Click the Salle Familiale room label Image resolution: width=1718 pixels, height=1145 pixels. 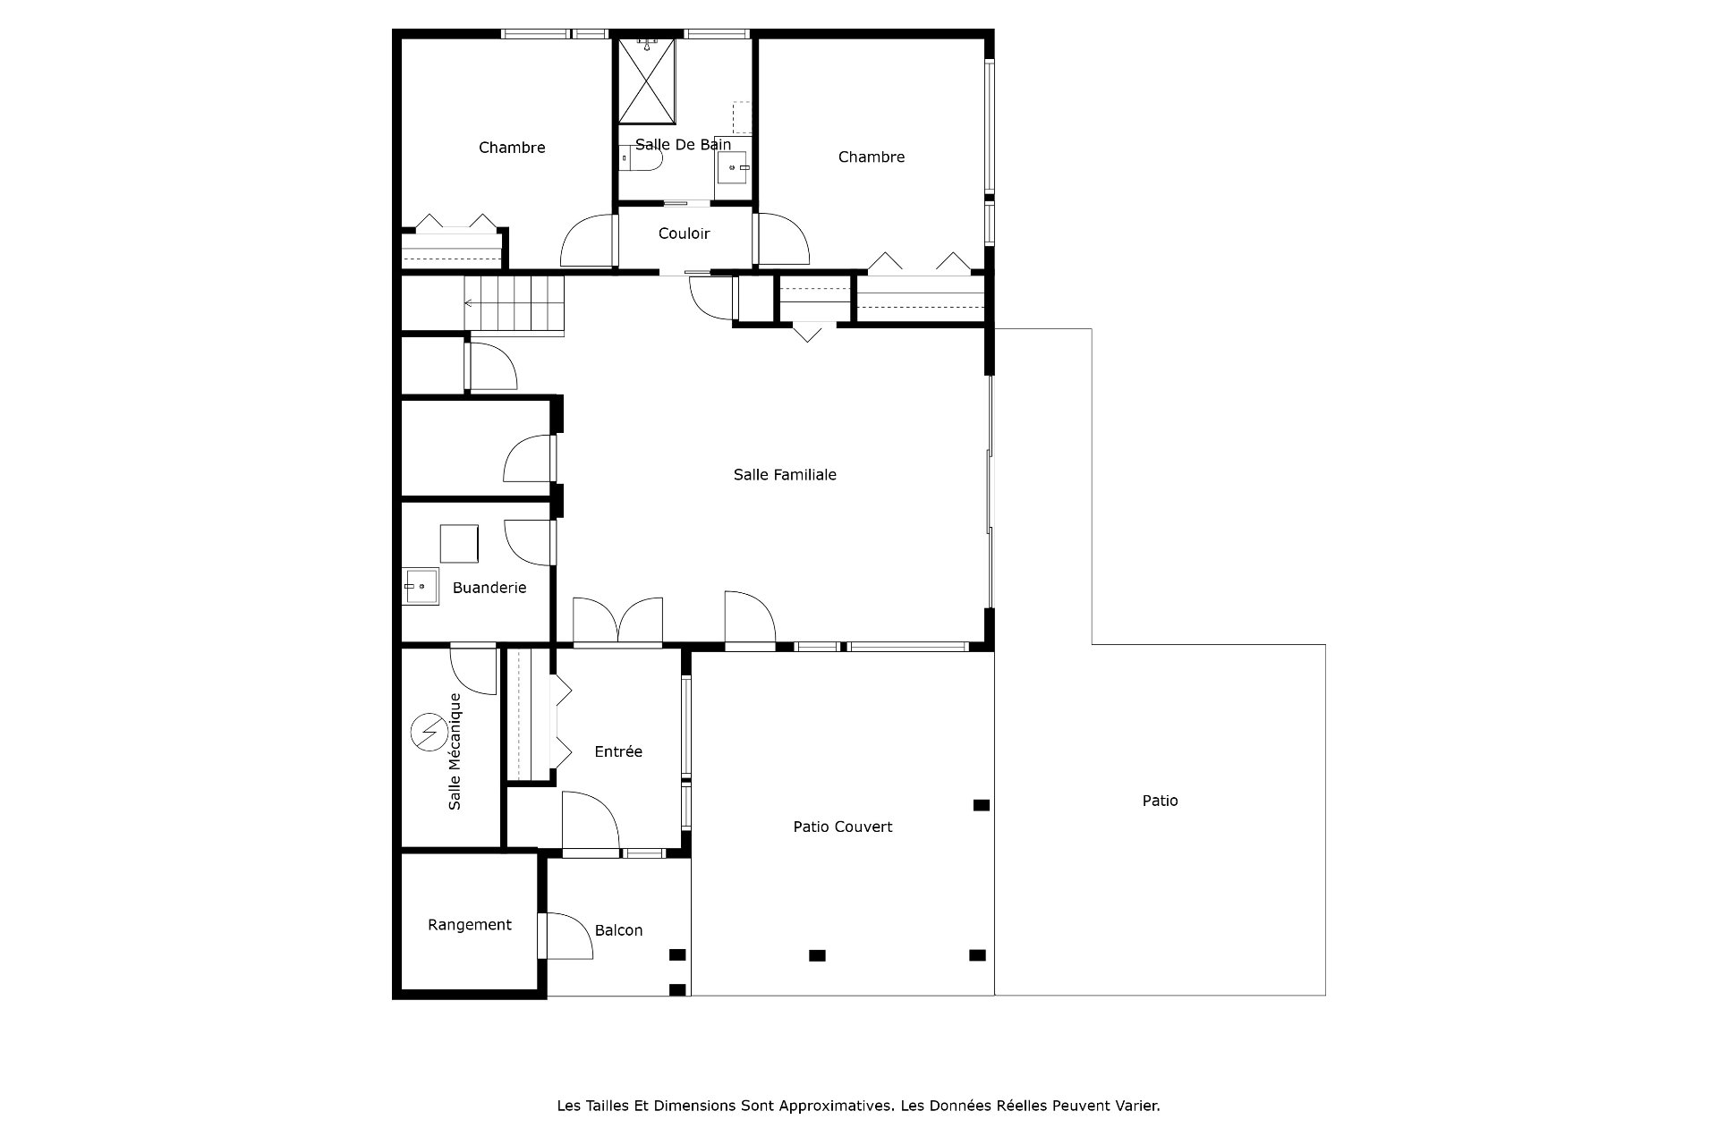click(785, 475)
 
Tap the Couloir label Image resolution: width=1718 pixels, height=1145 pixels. click(684, 233)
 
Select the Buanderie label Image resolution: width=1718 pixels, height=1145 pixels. click(489, 588)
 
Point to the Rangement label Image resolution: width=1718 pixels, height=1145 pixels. click(470, 925)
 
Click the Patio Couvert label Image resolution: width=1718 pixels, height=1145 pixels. click(843, 827)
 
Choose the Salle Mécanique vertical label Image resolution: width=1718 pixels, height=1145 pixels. click(455, 751)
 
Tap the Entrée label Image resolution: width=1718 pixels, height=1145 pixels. click(618, 751)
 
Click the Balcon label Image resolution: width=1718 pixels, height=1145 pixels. click(618, 930)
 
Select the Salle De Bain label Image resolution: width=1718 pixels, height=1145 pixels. click(684, 144)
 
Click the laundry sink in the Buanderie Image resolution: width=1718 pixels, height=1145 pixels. click(421, 586)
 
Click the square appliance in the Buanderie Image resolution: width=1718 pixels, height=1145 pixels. click(459, 543)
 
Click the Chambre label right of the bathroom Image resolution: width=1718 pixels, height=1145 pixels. click(872, 157)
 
